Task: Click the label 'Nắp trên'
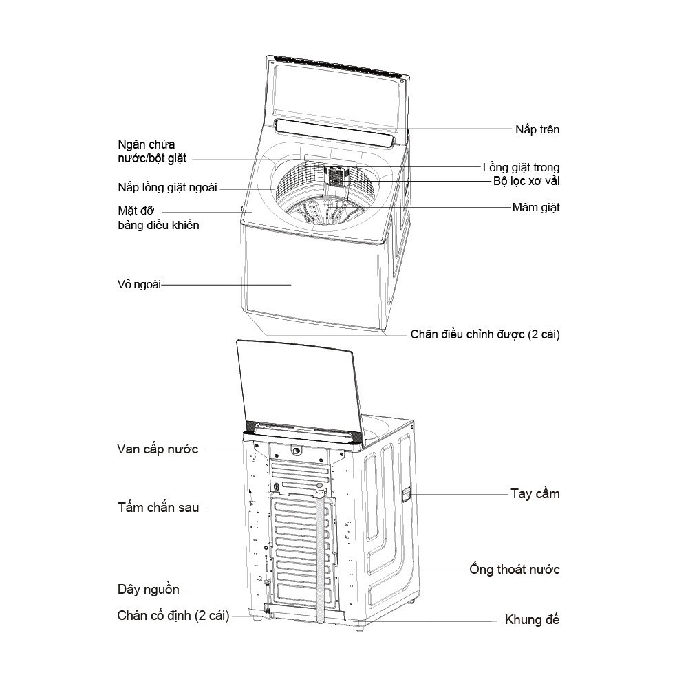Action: tap(537, 129)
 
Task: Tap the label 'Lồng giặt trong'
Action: tap(521, 167)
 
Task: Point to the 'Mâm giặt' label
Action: tap(536, 207)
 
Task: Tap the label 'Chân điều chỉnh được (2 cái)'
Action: tap(485, 335)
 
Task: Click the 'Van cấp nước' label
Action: tap(158, 449)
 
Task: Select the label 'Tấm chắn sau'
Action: tap(158, 508)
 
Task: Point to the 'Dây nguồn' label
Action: tap(148, 590)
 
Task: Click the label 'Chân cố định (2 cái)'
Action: tap(173, 615)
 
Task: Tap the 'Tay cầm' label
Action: tap(535, 494)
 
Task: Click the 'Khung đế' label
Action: tap(532, 620)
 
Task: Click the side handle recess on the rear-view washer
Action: tap(405, 493)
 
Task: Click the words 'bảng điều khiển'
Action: tap(159, 224)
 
